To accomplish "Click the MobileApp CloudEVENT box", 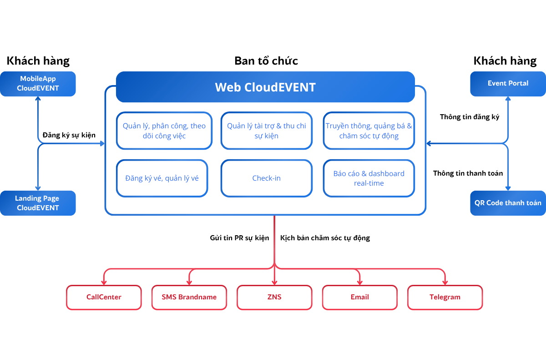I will [38, 84].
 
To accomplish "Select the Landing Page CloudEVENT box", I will [38, 203].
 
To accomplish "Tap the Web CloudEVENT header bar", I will [265, 87].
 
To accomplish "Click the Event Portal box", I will [508, 83].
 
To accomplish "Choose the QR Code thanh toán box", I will [508, 202].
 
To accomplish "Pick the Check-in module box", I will [267, 178].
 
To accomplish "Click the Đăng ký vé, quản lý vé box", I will [162, 178].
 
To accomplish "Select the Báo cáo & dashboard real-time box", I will [369, 178].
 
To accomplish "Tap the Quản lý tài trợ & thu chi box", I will [267, 131].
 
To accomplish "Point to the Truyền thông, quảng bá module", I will [369, 131].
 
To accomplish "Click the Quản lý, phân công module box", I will [164, 131].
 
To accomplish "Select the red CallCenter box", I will [104, 297].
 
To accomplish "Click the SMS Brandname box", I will [189, 297].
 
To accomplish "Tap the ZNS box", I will [274, 297].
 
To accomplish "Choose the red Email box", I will [359, 297].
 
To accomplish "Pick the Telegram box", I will [445, 297].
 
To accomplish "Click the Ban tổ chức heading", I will [266, 61].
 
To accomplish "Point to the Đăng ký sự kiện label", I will [69, 135].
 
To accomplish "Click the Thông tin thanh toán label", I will [468, 173].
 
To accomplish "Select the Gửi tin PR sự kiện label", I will [239, 238].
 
